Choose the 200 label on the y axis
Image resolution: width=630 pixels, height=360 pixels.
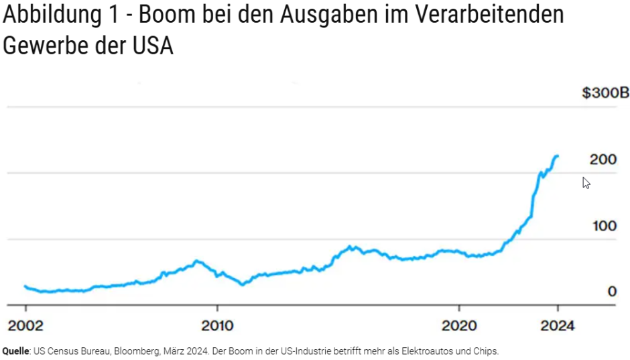[603, 160]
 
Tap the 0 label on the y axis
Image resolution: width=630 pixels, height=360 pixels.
[611, 291]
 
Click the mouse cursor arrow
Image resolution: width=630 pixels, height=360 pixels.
[586, 182]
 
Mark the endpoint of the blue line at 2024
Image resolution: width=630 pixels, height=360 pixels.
[557, 156]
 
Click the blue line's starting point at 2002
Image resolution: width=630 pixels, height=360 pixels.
[25, 286]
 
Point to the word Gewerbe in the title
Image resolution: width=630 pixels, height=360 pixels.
[46, 46]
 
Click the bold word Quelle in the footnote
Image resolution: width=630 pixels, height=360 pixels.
[17, 351]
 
